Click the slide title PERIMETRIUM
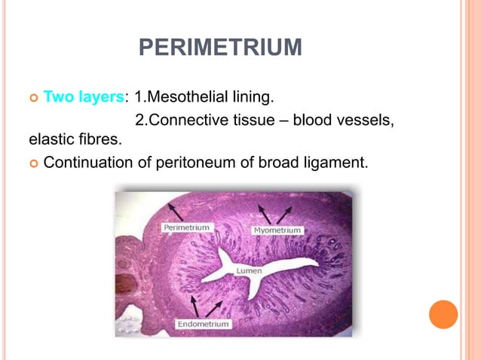220,50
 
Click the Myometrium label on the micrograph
278,229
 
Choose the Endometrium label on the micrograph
204,325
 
